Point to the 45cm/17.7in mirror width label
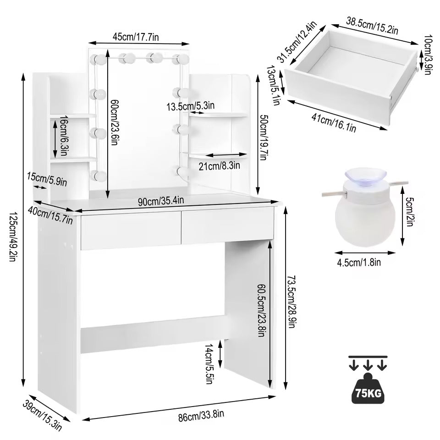click(136, 37)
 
